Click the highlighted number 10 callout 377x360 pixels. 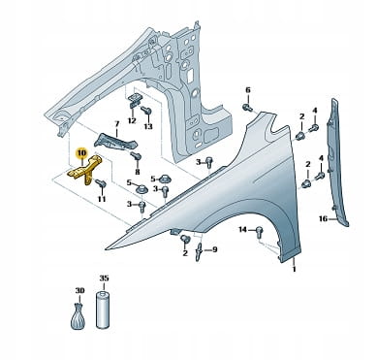80,152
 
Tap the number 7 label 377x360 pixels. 117,123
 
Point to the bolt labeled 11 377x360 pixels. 101,184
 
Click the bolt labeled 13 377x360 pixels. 146,112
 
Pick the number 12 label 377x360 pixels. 132,121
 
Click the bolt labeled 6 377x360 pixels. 247,107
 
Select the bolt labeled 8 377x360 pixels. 136,157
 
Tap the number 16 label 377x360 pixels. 323,219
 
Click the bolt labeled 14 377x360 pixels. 259,231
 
